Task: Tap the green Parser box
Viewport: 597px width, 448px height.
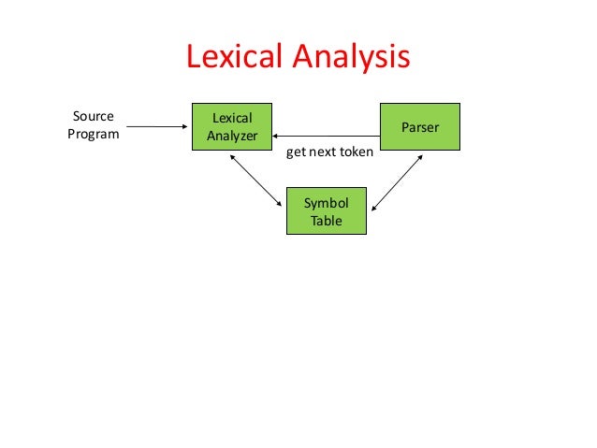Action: click(419, 126)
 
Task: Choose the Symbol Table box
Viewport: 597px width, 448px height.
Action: click(326, 212)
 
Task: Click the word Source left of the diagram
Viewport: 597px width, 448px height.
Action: click(93, 117)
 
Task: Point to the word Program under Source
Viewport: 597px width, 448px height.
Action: click(93, 134)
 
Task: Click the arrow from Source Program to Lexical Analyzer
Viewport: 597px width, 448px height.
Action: click(156, 126)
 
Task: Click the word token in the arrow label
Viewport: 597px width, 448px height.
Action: click(355, 152)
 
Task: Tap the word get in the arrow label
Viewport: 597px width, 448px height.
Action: click(296, 152)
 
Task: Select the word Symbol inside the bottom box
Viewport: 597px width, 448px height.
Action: click(326, 204)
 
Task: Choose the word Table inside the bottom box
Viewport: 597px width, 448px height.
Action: click(326, 221)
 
